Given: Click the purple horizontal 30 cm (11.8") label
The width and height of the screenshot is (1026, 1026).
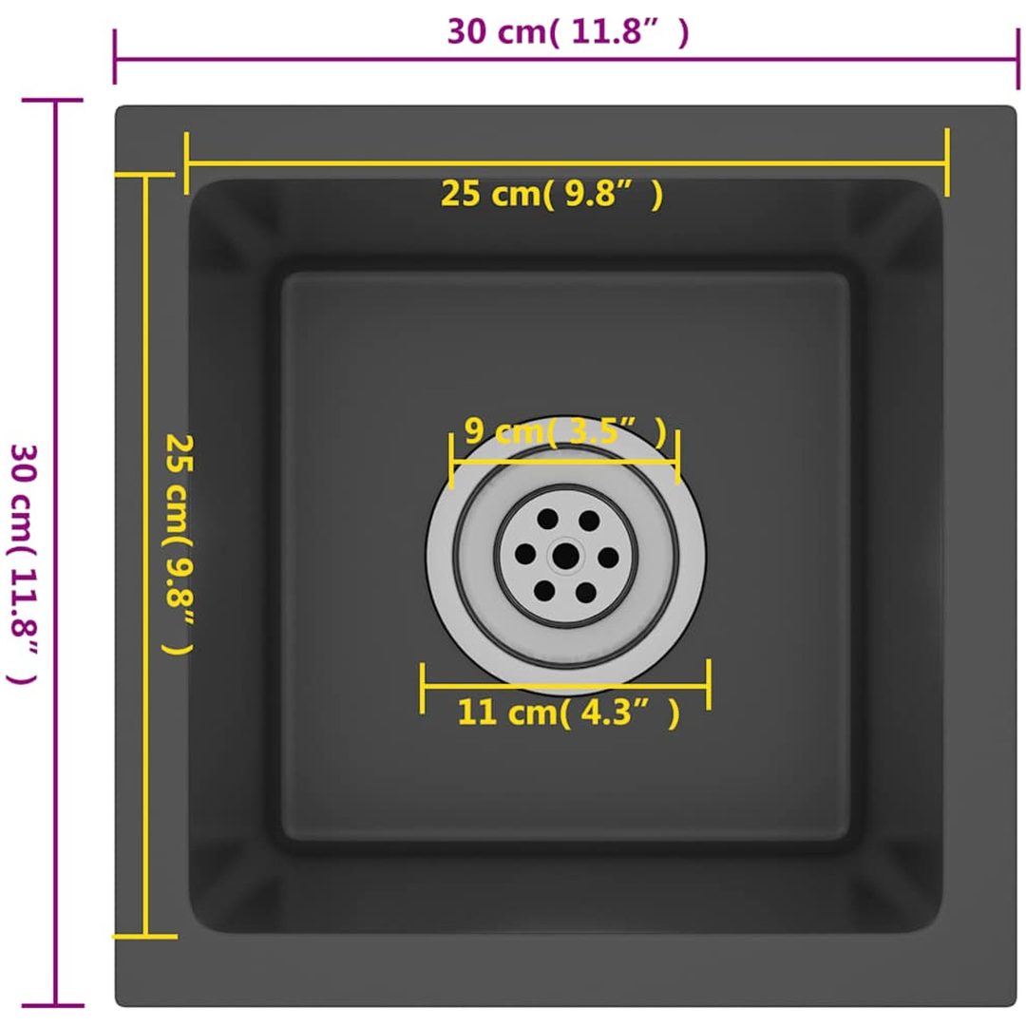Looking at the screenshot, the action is (x=568, y=30).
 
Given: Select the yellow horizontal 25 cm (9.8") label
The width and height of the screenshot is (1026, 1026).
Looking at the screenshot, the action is (x=552, y=194).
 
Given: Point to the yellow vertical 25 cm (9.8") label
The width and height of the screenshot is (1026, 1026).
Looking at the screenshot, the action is (x=178, y=543).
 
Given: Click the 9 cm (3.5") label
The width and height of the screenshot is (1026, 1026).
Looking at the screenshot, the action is (x=565, y=431).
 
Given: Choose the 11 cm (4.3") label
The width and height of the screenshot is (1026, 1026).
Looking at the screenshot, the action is (x=569, y=712).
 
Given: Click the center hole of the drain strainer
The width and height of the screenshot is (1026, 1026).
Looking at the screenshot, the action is (x=565, y=557).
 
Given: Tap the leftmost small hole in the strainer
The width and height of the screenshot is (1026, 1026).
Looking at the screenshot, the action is (x=525, y=554).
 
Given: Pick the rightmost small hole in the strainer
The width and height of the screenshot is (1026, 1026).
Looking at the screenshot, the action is (x=608, y=558).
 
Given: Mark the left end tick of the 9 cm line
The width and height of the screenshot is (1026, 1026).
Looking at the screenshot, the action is (x=451, y=461).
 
